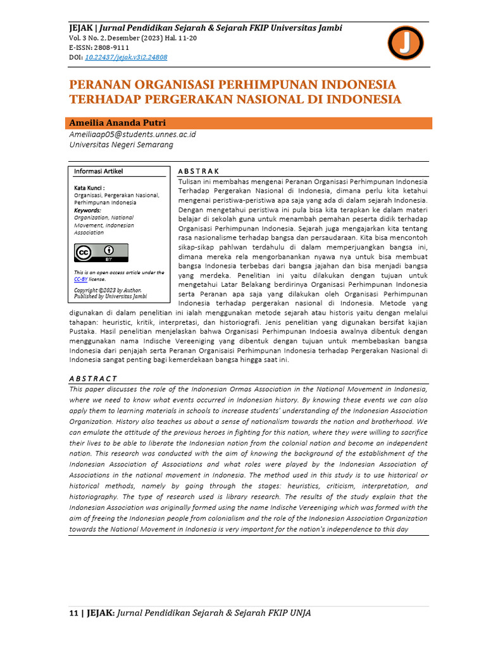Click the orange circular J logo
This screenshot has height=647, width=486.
click(x=405, y=43)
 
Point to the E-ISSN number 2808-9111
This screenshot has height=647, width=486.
click(x=113, y=47)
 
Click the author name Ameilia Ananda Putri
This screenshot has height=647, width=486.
click(x=117, y=123)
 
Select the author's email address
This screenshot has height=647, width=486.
click(x=132, y=135)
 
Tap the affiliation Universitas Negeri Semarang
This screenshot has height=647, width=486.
click(x=121, y=145)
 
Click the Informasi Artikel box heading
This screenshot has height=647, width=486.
click(x=99, y=171)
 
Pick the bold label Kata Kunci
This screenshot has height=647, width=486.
click(x=89, y=188)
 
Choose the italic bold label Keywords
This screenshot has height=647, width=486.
click(x=87, y=210)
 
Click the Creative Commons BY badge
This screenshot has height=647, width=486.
click(x=101, y=253)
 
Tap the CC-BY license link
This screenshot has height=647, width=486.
click(x=81, y=279)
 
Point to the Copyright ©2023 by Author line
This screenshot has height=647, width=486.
click(x=108, y=290)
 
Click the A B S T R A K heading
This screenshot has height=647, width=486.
click(x=199, y=171)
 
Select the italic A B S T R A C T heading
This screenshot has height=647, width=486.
click(x=93, y=378)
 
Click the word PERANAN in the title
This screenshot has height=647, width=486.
click(x=106, y=85)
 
